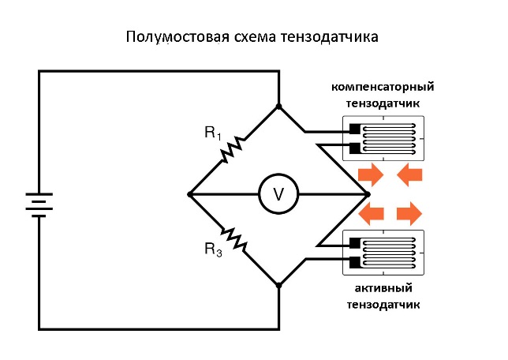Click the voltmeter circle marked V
point(278,193)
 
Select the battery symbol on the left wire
point(38,204)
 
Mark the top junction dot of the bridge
point(278,106)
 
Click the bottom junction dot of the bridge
point(278,284)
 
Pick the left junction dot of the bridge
point(189,193)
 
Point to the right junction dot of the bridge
point(367,193)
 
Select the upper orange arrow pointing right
point(369,174)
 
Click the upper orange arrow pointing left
point(409,174)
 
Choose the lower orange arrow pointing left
point(372,212)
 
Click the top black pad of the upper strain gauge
point(354,129)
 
